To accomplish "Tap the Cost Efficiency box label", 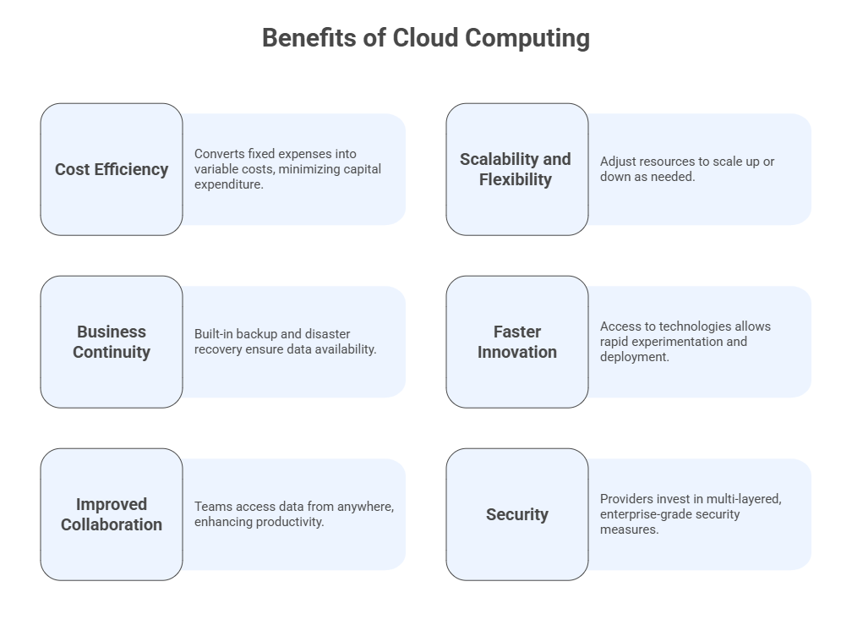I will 112,169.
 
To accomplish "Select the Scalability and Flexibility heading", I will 516,169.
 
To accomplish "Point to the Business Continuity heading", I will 112,342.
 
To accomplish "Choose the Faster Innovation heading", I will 517,342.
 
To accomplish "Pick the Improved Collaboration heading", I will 112,514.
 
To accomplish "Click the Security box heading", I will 517,514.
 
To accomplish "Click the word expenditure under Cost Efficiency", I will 228,184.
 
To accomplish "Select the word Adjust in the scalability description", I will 618,162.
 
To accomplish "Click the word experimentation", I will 674,342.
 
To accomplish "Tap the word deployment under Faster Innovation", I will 634,357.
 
